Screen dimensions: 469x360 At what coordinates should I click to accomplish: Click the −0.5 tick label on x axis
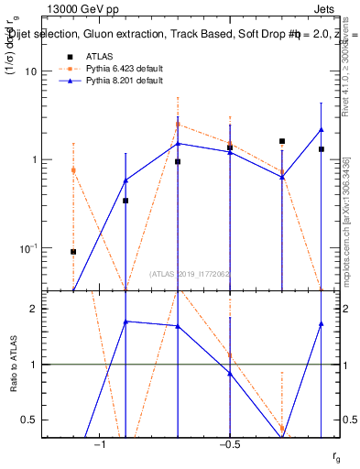(229, 444)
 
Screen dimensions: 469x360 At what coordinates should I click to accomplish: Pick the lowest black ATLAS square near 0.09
(73, 251)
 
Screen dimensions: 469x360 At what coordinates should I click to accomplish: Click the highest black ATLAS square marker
(282, 142)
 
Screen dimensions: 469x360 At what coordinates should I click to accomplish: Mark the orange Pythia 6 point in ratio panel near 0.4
(282, 428)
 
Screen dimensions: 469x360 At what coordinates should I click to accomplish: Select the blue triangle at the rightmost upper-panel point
(322, 130)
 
